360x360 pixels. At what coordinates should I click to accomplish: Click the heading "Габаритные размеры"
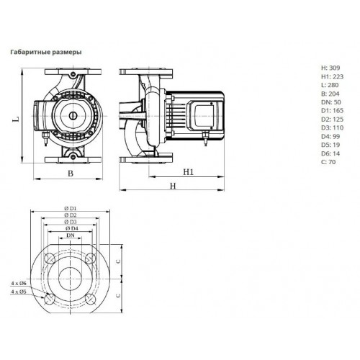click(46, 53)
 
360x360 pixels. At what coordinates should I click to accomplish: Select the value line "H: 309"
click(330, 68)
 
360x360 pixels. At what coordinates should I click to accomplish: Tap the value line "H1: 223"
click(333, 76)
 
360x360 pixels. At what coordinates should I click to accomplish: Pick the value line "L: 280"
click(330, 85)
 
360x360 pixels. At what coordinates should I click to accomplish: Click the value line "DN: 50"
click(331, 102)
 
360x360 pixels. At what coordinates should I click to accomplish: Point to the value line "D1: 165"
click(333, 111)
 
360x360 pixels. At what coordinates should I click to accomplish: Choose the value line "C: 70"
click(328, 162)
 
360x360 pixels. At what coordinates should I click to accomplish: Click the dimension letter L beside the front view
click(16, 119)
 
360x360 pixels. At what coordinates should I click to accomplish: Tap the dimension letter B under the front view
click(71, 174)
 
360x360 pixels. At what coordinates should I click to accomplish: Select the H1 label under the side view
click(189, 172)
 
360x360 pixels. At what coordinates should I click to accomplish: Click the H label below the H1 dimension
click(173, 186)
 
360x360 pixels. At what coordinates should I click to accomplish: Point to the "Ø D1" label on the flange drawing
click(71, 208)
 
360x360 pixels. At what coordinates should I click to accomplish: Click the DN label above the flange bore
click(71, 235)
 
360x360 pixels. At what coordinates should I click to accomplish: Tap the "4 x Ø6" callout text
click(19, 284)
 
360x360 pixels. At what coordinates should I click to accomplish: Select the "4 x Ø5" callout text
click(19, 292)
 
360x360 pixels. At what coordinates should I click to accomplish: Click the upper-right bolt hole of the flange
click(91, 258)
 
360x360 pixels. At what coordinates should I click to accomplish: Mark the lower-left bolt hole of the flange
click(50, 300)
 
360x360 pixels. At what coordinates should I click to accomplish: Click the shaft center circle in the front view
click(72, 116)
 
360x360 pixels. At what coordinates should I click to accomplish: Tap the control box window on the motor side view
click(203, 116)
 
